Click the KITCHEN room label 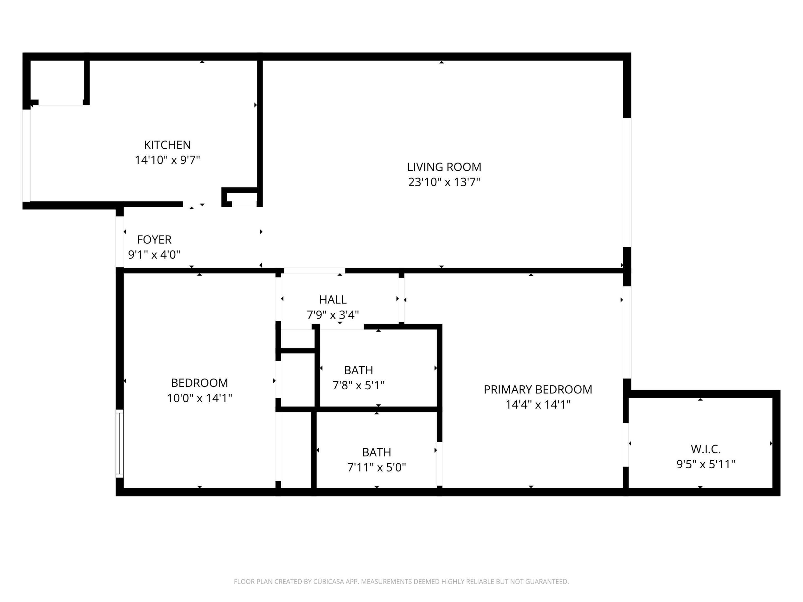click(167, 145)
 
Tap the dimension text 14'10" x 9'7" click(167, 160)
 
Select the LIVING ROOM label click(444, 167)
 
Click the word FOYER click(154, 239)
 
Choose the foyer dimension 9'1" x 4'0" click(154, 255)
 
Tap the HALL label click(333, 299)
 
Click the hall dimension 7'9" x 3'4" click(333, 315)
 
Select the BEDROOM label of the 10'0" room click(199, 383)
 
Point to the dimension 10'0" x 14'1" click(199, 398)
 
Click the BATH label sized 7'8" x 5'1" click(358, 370)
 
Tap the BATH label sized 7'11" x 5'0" click(376, 452)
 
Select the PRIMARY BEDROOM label click(538, 389)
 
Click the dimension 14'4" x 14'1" click(538, 405)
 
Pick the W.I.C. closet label click(705, 449)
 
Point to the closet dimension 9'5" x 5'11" click(705, 464)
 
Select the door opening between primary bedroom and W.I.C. click(626, 444)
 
